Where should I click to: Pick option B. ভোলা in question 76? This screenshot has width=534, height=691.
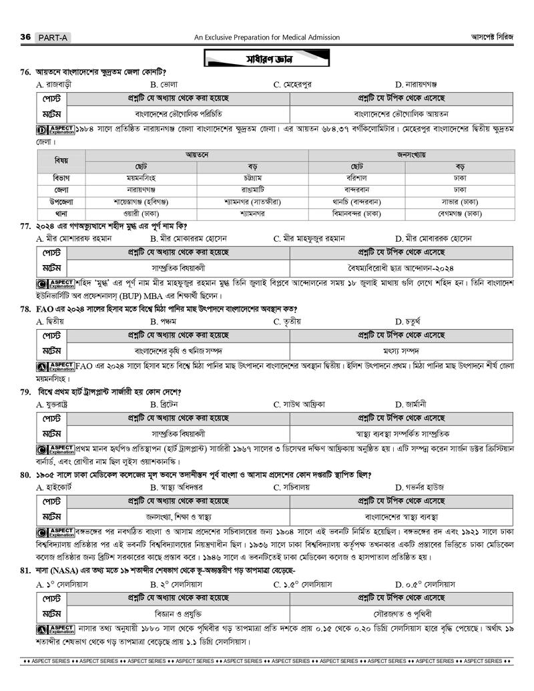tap(164, 85)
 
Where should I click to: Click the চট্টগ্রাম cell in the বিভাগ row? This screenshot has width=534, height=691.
tap(252, 178)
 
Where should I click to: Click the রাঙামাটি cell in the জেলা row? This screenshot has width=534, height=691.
tap(252, 190)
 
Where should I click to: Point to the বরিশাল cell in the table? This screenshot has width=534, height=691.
tap(356, 178)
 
